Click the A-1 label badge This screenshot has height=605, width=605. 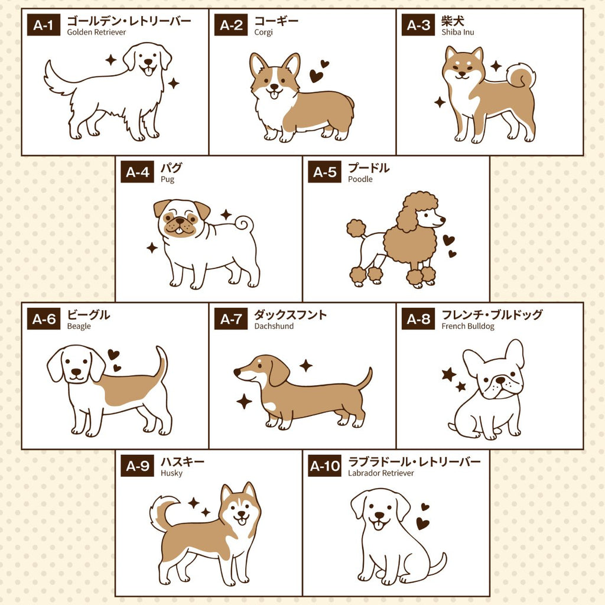(x=44, y=25)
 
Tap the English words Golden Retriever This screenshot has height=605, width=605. (x=96, y=32)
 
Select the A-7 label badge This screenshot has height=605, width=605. (x=231, y=319)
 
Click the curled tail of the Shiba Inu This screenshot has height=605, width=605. (x=522, y=76)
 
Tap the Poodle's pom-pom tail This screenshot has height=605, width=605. (x=356, y=228)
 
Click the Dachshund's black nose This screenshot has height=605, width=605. (x=237, y=373)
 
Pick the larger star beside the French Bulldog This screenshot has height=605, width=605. (x=449, y=374)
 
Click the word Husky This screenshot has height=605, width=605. (x=172, y=473)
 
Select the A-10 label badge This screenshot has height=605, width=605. (x=324, y=466)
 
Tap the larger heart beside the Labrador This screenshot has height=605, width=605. (x=423, y=523)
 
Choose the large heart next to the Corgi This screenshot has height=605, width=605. (x=316, y=76)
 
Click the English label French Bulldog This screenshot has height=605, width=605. (x=468, y=326)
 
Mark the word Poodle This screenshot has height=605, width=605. (x=360, y=180)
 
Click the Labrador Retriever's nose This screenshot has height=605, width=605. (x=380, y=515)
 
